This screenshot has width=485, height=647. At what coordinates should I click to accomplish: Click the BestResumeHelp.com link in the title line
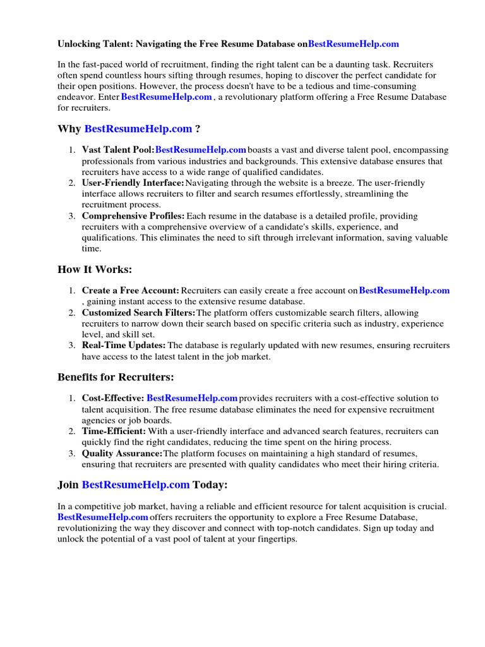pos(353,44)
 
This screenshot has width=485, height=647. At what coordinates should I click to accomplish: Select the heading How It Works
pos(95,270)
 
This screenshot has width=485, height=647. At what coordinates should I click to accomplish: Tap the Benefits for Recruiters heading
pos(116,377)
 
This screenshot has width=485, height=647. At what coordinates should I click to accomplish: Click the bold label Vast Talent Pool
pos(118,150)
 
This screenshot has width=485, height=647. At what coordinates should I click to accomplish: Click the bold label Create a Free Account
pos(131,290)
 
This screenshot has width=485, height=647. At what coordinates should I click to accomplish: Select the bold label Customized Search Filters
pos(139,313)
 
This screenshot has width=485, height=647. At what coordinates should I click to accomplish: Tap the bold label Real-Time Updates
pos(124,345)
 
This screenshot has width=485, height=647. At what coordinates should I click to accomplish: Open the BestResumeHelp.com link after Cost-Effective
pos(192,398)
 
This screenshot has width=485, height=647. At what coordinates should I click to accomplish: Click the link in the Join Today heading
pos(136,485)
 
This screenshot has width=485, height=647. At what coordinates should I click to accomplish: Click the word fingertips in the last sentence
pos(275,540)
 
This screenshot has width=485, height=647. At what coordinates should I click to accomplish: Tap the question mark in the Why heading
pos(198,129)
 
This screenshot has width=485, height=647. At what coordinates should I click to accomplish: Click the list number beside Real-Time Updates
pos(72,345)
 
